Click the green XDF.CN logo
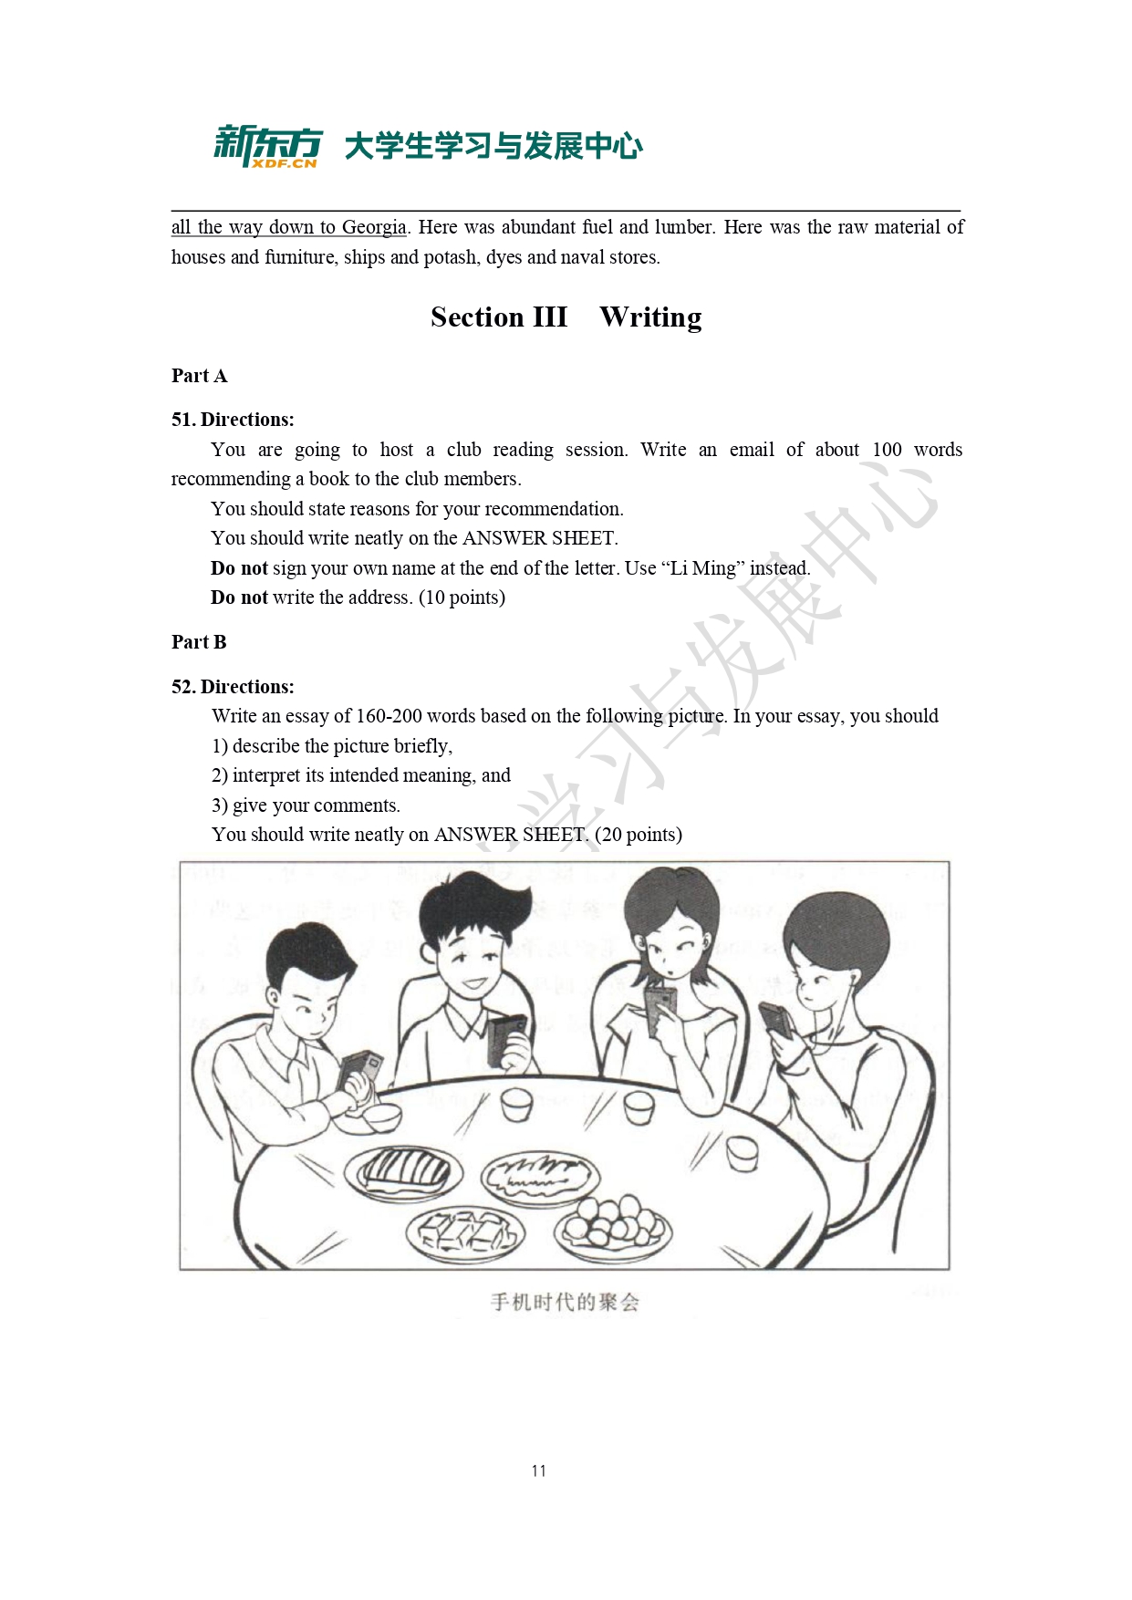267,146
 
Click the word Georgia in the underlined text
374,227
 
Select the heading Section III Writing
566,317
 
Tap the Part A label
199,376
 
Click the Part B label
199,642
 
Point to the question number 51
182,420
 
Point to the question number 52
182,687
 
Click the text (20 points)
638,835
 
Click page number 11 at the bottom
538,1470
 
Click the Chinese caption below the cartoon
565,1302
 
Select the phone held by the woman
660,1009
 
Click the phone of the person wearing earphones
776,1019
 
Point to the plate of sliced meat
403,1170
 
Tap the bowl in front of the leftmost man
377,1116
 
